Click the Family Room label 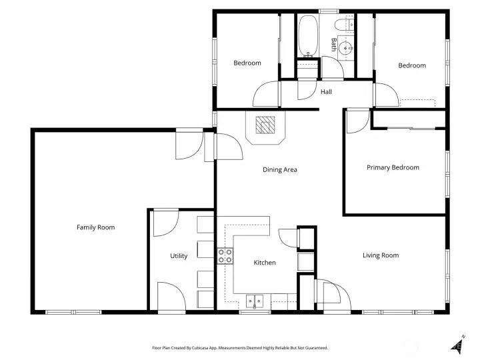95,227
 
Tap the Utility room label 179,256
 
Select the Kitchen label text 265,263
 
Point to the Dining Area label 279,169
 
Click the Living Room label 381,255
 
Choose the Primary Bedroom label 393,167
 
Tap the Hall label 326,92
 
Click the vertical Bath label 334,45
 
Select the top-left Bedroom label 247,63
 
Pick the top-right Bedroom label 411,65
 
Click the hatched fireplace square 266,125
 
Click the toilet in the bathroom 342,26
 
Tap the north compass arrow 458,343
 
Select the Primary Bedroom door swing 358,121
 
